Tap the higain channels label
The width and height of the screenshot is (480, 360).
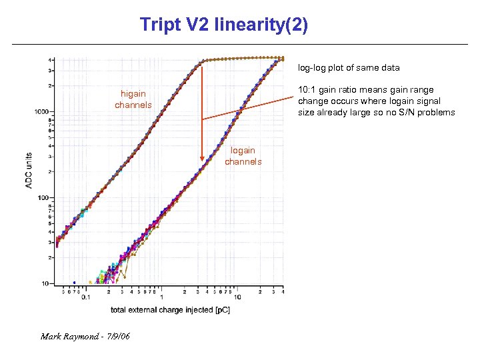coord(133,99)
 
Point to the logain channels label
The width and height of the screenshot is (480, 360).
coord(243,156)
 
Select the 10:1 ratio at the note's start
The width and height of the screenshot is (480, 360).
coord(308,90)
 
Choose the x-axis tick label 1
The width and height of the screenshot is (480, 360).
coord(162,297)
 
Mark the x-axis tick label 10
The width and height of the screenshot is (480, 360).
coord(237,297)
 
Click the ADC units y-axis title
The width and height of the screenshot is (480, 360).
coord(29,169)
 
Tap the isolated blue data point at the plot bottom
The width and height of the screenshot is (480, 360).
coord(74,282)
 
